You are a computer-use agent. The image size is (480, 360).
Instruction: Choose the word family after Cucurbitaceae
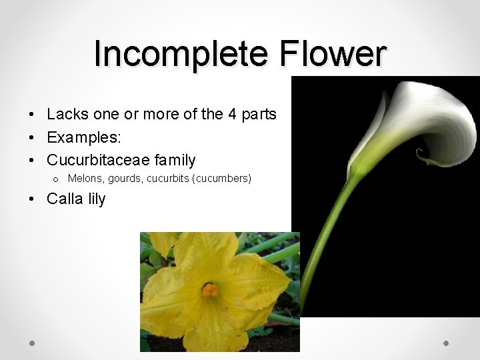coord(175,160)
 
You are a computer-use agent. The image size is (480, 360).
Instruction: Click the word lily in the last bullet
coord(95,199)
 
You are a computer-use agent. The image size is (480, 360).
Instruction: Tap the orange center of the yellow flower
coord(210,290)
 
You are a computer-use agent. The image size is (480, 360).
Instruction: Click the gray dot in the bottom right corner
coord(447,343)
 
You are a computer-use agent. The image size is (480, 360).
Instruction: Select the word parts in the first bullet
coord(259,114)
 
